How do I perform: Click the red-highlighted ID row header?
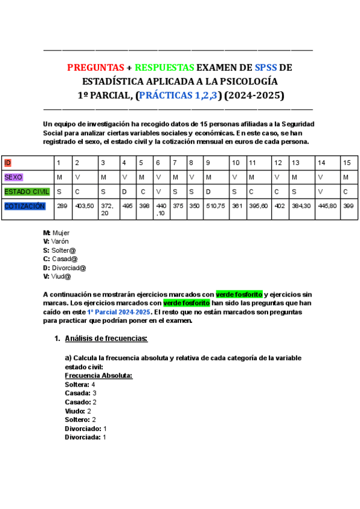coord(7,163)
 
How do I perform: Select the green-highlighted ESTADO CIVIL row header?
coord(26,191)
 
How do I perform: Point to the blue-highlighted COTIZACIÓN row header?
coord(24,206)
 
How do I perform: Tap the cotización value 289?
coord(61,206)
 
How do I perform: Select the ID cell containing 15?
coord(346,163)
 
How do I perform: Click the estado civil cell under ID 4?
coord(124,191)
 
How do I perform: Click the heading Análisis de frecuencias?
coord(106,339)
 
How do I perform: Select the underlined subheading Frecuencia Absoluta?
coord(98,375)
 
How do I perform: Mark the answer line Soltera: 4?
coord(80,384)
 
